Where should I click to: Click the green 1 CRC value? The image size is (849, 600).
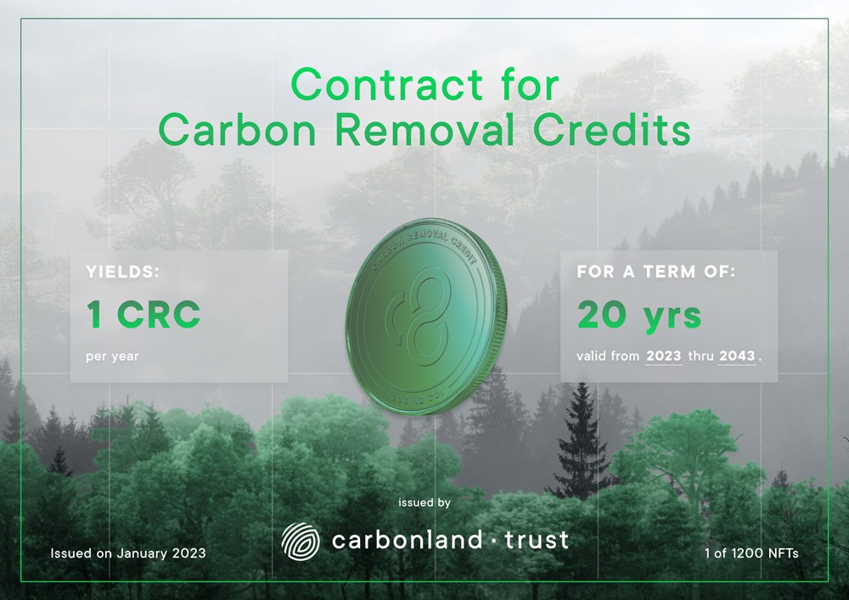(x=143, y=315)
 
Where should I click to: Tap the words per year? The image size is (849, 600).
(x=112, y=356)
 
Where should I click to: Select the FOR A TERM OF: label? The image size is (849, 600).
(x=655, y=273)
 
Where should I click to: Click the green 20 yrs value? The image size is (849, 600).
(x=639, y=315)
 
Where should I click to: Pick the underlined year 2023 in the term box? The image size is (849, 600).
(x=664, y=356)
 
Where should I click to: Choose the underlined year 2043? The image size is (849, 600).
(x=737, y=356)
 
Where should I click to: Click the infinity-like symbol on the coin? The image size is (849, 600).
(x=420, y=321)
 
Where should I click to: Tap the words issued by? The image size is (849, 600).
(x=424, y=502)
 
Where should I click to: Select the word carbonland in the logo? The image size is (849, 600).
(x=396, y=540)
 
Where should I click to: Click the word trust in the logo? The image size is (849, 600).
(x=535, y=540)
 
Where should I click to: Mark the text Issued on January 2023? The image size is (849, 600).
(x=128, y=553)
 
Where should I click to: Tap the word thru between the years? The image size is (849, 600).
(x=700, y=356)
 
